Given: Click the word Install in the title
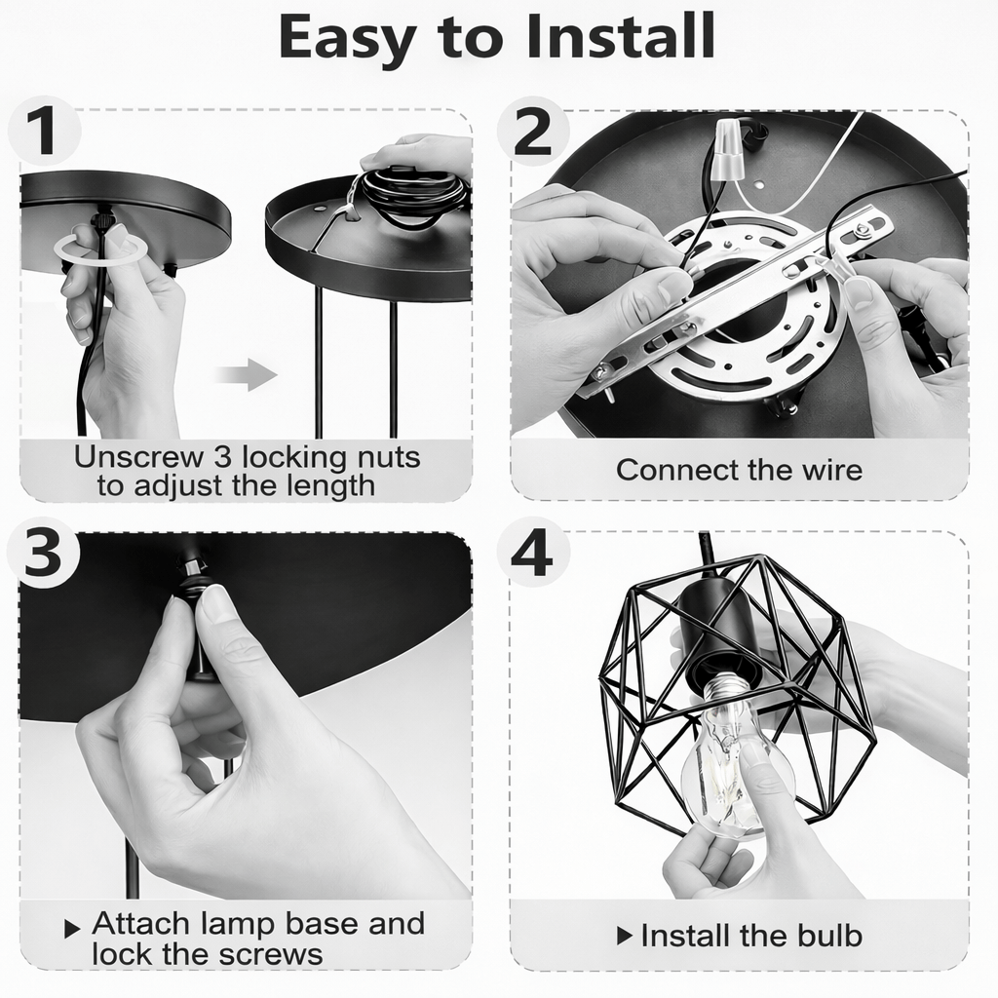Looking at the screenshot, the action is click(x=621, y=36).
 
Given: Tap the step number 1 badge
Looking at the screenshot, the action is click(x=43, y=131).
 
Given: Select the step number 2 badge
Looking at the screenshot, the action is click(x=532, y=131).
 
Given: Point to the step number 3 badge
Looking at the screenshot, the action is click(x=43, y=552).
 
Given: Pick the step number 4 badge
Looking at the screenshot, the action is click(x=532, y=552).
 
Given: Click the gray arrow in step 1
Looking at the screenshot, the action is click(x=247, y=374).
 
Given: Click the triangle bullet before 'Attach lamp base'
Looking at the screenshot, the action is click(x=72, y=929).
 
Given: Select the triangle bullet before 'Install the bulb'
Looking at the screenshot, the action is click(x=625, y=936).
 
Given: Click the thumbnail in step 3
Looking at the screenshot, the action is click(x=214, y=603).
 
